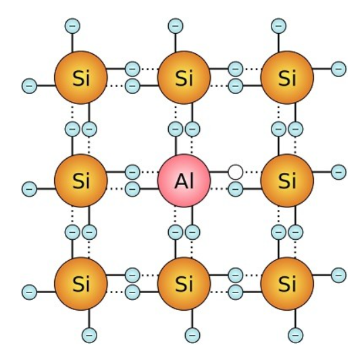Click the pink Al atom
point(184,180)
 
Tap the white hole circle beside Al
point(236,172)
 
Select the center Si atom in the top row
point(184,78)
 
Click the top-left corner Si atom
point(81,78)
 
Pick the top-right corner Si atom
point(287,78)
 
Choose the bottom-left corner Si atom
point(81,284)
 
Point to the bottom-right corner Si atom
point(287,284)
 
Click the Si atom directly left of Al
point(81,180)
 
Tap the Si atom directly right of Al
point(287,180)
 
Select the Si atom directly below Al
point(184,284)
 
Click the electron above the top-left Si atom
point(72,26)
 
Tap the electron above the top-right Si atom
point(278,26)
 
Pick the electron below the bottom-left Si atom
point(89,335)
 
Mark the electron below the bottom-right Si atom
point(296,335)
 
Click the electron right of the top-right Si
point(339,69)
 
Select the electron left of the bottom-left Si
point(29,292)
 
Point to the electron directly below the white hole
point(236,189)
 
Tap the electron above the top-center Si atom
point(176,26)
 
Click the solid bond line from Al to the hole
point(218,172)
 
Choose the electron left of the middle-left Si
point(29,189)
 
